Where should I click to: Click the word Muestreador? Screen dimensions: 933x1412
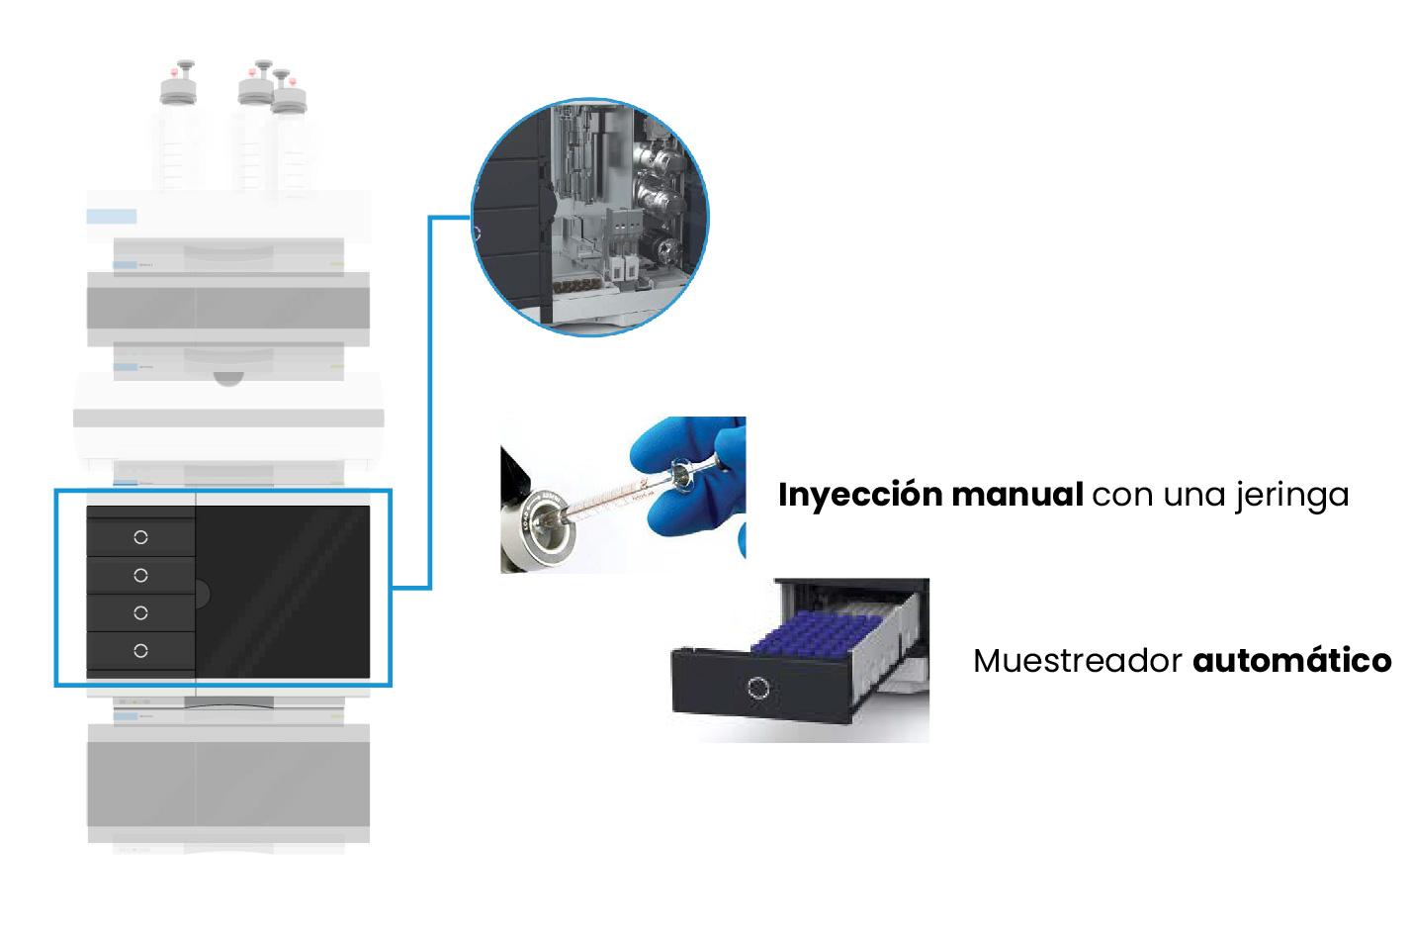[1077, 661]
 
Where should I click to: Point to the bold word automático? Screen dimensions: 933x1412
[1292, 661]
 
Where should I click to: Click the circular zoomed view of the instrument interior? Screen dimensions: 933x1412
[590, 217]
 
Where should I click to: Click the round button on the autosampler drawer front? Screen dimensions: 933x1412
[758, 688]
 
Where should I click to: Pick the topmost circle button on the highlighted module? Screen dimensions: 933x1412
[140, 537]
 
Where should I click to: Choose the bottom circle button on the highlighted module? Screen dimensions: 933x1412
[140, 650]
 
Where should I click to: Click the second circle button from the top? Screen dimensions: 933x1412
[140, 575]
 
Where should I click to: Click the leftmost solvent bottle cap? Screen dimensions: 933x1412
[179, 87]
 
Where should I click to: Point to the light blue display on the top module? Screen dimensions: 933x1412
[111, 217]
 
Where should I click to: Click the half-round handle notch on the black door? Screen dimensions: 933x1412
[202, 594]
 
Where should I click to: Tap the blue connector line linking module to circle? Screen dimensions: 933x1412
[430, 396]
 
